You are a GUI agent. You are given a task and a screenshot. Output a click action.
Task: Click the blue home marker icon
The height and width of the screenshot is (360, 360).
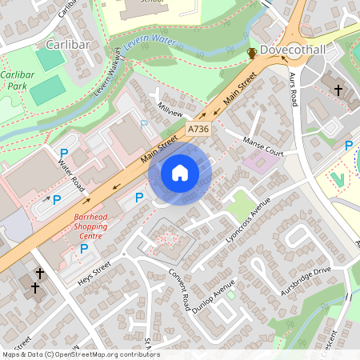pos(180,172)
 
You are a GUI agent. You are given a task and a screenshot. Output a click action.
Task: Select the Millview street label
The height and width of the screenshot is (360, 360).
pos(170,110)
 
